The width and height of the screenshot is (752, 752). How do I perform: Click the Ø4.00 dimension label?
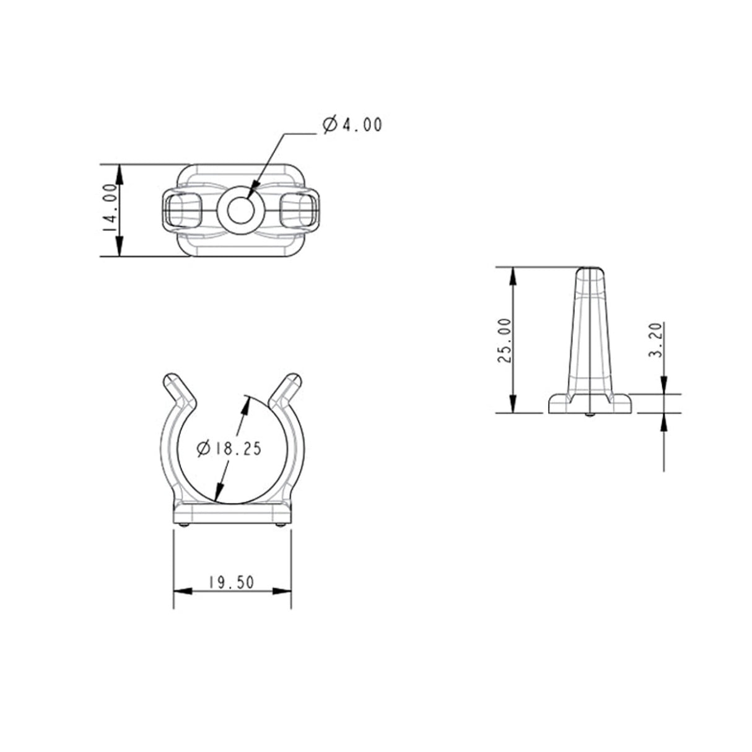(352, 125)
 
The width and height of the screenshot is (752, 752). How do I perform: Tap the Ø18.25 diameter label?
(228, 448)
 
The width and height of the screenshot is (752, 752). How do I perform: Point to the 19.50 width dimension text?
(230, 582)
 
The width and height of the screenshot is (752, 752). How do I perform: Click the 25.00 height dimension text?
(504, 340)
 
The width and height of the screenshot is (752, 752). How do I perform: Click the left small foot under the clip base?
(185, 525)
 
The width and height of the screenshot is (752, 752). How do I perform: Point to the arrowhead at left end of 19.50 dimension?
(179, 591)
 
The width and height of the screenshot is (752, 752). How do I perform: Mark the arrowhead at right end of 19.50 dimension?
(286, 591)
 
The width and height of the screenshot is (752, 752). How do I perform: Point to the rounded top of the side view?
(590, 269)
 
